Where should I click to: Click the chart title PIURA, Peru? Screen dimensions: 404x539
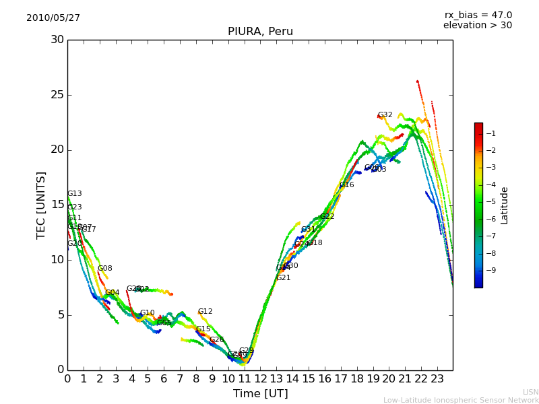260,32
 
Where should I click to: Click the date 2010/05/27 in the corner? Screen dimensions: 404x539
53,18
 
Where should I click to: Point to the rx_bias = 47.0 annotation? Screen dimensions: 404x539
478,15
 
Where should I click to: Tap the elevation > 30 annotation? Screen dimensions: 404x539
477,26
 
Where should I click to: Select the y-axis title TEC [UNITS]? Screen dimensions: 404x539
42,205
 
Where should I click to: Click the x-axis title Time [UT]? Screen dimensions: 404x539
260,394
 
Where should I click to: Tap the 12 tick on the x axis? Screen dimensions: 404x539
260,378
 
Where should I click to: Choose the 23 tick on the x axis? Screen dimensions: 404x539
437,378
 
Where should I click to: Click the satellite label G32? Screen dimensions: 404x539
385,115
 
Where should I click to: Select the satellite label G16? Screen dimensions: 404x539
346,185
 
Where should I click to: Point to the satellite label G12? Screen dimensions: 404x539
205,312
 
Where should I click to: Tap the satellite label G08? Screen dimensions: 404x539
104,269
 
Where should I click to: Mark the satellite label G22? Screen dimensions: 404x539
327,217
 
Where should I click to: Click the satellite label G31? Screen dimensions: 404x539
308,230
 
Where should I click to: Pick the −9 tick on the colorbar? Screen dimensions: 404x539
491,271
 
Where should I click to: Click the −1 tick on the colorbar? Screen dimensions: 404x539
491,133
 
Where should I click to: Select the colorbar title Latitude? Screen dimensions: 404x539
505,205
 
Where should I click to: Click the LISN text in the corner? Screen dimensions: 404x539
530,392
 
